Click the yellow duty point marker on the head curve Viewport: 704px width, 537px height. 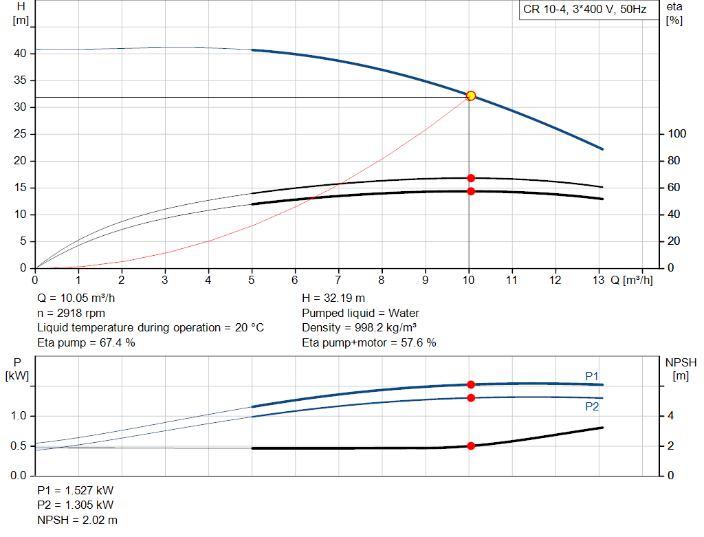pos(471,96)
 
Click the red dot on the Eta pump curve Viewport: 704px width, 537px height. pos(471,178)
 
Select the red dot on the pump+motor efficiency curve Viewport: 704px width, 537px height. pos(471,191)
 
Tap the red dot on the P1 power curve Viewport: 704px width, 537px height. pos(471,384)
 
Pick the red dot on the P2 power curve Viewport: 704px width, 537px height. pos(471,397)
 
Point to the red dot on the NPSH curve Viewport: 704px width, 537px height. pos(471,446)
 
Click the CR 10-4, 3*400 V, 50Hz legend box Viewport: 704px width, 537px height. pos(584,10)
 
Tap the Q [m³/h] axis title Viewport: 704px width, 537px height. pos(632,281)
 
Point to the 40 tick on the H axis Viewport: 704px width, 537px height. pos(21,54)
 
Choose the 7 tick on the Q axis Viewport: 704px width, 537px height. pos(338,281)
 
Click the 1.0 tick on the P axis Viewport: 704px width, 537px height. pos(19,416)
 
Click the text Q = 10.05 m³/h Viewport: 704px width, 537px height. pos(76,298)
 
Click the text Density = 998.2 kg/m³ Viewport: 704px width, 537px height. pos(360,327)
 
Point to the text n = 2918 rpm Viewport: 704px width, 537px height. pos(71,313)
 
